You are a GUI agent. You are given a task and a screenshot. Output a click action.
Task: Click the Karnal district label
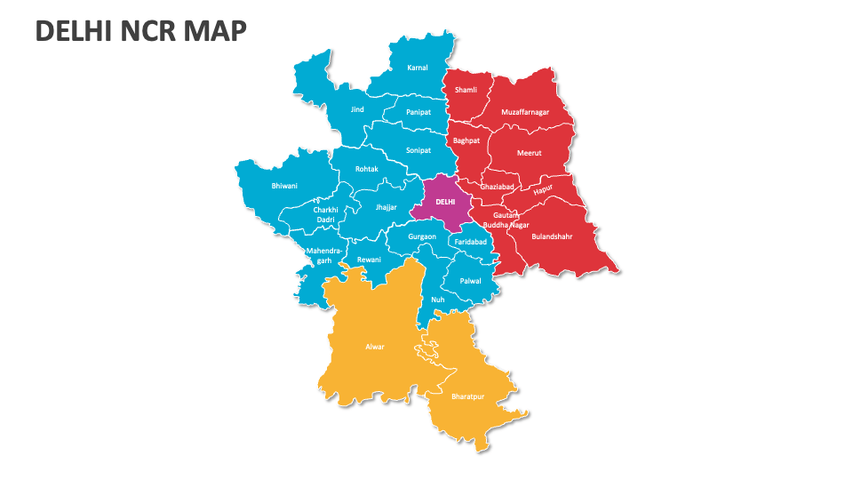pyautogui.click(x=418, y=68)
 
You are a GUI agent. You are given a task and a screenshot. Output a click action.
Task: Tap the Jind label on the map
pyautogui.click(x=357, y=109)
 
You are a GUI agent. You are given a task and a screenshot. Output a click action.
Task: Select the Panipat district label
pyautogui.click(x=419, y=112)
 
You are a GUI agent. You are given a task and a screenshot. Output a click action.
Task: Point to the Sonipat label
pyautogui.click(x=419, y=150)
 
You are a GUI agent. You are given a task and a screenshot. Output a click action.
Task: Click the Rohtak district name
pyautogui.click(x=367, y=169)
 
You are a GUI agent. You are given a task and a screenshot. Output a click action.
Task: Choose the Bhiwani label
pyautogui.click(x=284, y=186)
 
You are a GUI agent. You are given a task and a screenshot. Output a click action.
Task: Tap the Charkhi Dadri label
pyautogui.click(x=326, y=214)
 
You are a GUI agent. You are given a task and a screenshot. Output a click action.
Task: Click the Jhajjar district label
pyautogui.click(x=387, y=206)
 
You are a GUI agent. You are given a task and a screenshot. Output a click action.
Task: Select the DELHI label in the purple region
pyautogui.click(x=445, y=202)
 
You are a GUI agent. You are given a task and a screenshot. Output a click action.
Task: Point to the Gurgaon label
pyautogui.click(x=422, y=237)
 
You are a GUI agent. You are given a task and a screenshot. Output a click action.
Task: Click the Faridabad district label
pyautogui.click(x=470, y=242)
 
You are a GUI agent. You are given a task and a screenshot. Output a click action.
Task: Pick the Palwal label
pyautogui.click(x=470, y=281)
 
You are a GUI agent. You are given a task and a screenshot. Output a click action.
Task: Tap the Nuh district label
pyautogui.click(x=437, y=300)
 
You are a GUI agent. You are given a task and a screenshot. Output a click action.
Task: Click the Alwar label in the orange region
pyautogui.click(x=375, y=347)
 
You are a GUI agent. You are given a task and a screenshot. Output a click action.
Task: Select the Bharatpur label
pyautogui.click(x=467, y=396)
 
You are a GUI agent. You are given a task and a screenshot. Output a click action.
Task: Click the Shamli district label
pyautogui.click(x=466, y=90)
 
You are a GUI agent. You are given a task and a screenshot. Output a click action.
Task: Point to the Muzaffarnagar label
pyautogui.click(x=524, y=112)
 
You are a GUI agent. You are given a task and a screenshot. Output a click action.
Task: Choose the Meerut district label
pyautogui.click(x=530, y=153)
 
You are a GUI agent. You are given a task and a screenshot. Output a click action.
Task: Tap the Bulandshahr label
pyautogui.click(x=552, y=236)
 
